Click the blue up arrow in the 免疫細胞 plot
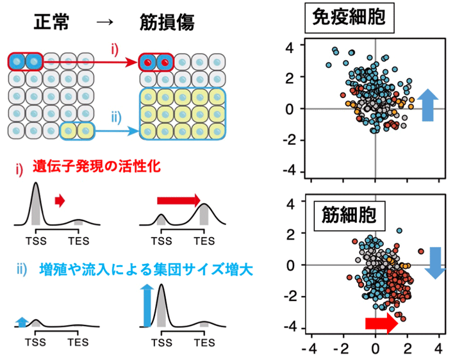coord(427,104)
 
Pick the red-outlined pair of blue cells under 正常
coord(26,62)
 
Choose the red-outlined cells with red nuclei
coord(157,62)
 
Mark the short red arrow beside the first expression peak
coord(60,201)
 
